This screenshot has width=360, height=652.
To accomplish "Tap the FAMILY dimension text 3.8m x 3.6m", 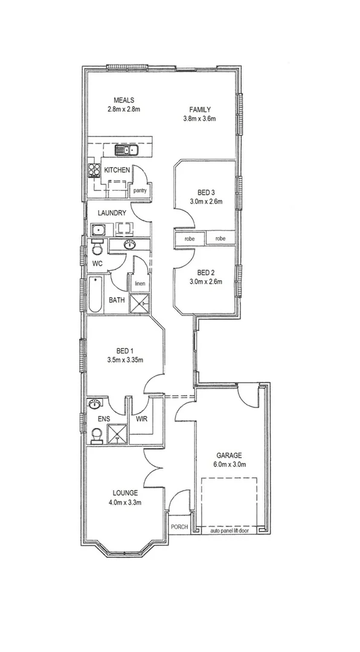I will point(199,119).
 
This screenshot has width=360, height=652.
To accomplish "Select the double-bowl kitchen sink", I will point(127,150).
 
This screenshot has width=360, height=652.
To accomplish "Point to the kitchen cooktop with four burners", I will point(94,170).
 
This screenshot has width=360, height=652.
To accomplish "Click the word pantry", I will point(140,191).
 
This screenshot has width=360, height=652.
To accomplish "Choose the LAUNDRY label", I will point(111,213).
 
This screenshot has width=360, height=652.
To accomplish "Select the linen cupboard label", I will point(139,283).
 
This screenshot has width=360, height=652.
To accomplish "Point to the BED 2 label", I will point(206,272).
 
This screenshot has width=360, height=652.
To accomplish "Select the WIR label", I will point(142,418).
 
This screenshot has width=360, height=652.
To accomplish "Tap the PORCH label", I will point(179,526).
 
